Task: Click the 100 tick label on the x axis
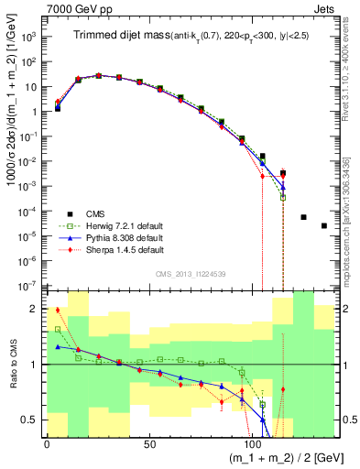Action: click(252, 444)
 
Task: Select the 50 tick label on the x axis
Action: click(149, 444)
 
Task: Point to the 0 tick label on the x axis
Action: click(47, 444)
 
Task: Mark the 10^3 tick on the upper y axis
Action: click(28, 38)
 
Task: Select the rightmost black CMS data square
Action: click(324, 225)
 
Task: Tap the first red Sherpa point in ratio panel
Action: click(57, 310)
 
